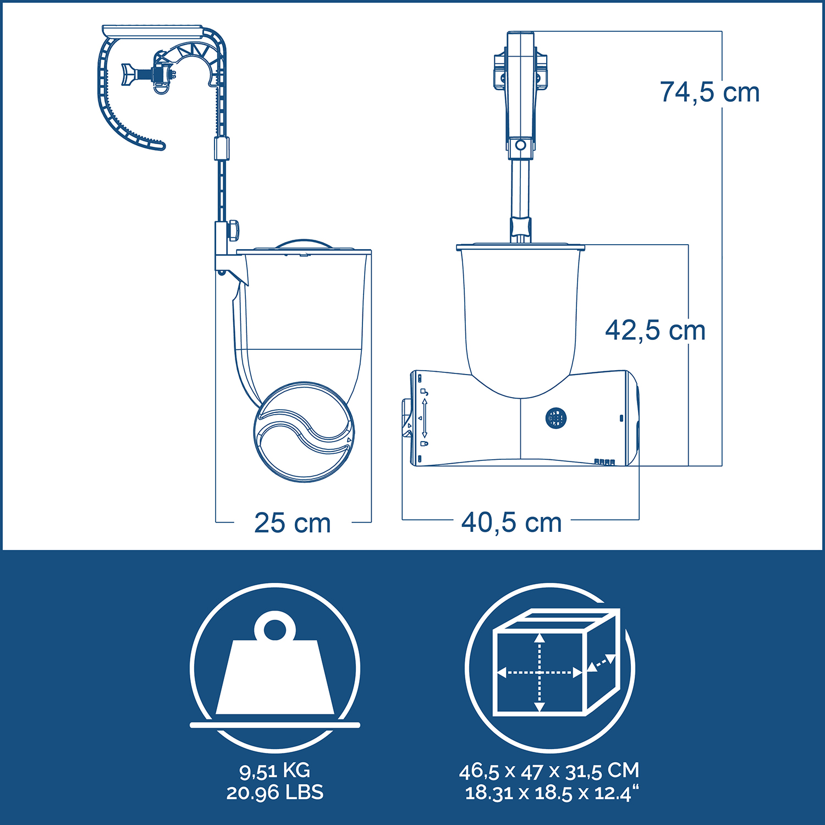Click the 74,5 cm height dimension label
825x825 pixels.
pyautogui.click(x=710, y=92)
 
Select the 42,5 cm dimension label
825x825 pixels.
pyautogui.click(x=655, y=331)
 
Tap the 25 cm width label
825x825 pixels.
pyautogui.click(x=292, y=522)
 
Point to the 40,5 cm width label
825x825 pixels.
pyautogui.click(x=512, y=522)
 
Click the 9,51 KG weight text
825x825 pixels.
pyautogui.click(x=274, y=771)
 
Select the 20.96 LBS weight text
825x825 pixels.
pyautogui.click(x=274, y=793)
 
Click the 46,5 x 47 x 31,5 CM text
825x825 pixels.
pyautogui.click(x=549, y=771)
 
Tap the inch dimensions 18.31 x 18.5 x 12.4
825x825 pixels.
pyautogui.click(x=552, y=793)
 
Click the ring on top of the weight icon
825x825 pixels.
pyautogui.click(x=274, y=628)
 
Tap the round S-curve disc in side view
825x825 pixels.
pyautogui.click(x=304, y=432)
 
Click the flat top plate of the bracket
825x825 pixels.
pyautogui.click(x=152, y=30)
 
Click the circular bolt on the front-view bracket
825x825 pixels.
pyautogui.click(x=520, y=146)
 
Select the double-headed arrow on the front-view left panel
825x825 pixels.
pyautogui.click(x=424, y=419)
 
